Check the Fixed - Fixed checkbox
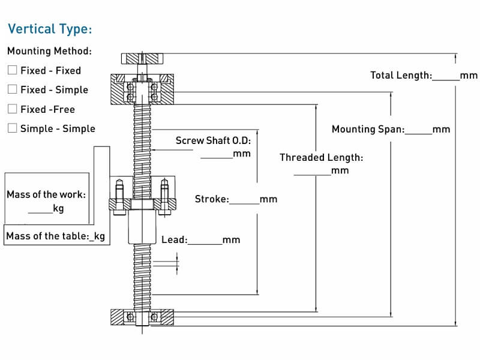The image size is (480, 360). (12, 70)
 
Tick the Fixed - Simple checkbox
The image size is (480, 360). (12, 89)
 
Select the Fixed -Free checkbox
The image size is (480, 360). (12, 109)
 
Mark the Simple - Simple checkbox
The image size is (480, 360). (12, 128)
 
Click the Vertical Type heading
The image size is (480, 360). (50, 29)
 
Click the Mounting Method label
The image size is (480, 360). (50, 51)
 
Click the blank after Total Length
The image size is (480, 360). (446, 80)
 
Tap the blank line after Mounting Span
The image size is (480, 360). (418, 134)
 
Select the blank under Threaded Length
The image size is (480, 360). (313, 175)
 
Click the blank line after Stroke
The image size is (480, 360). (244, 204)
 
